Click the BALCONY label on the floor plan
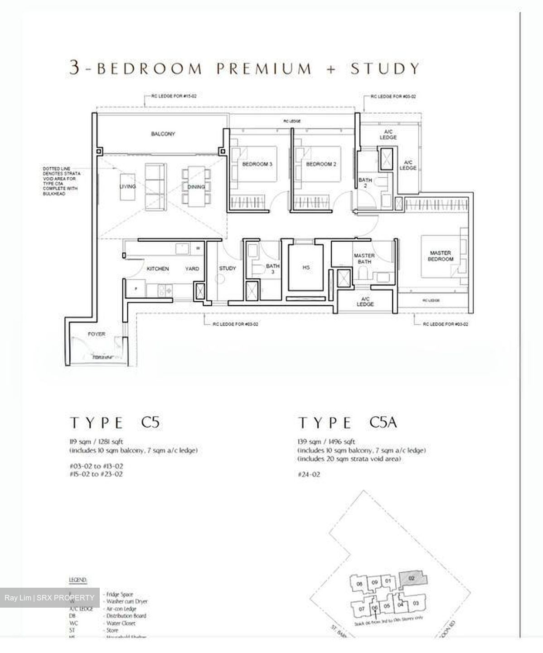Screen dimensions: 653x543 coord(163,134)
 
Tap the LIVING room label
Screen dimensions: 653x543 coord(127,186)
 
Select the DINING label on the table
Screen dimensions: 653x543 coord(196,187)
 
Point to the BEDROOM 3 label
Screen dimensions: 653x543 coord(257,164)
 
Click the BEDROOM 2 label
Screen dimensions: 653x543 coord(321,164)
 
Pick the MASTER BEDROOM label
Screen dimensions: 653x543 coord(441,256)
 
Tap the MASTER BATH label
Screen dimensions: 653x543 coord(364,258)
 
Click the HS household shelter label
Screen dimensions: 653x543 coord(306,268)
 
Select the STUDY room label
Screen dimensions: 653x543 coord(228,268)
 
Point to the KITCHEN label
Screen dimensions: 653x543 coord(158,269)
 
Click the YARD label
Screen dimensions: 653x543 coord(192,269)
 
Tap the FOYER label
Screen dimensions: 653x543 coord(97,334)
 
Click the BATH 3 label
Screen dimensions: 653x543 coord(272,269)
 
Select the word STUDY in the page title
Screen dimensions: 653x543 coord(385,68)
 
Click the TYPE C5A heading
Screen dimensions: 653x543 coord(348,423)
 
